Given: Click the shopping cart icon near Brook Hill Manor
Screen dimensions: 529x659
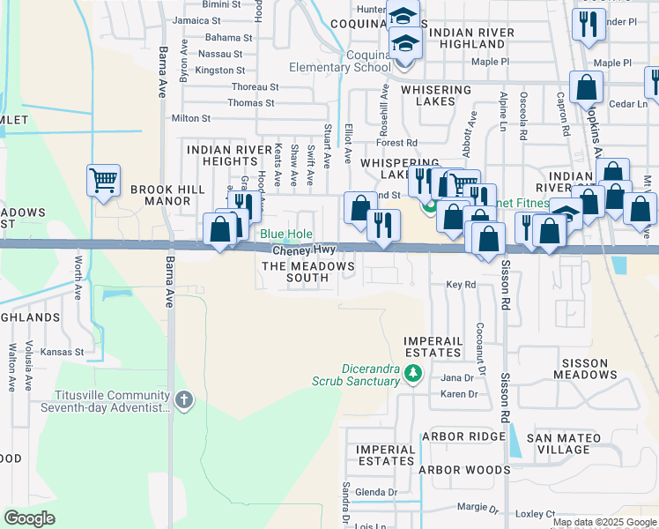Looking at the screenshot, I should (x=103, y=181).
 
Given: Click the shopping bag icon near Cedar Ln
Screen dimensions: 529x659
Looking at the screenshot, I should (x=586, y=87).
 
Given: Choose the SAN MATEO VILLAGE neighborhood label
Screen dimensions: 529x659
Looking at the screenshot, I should (x=564, y=443).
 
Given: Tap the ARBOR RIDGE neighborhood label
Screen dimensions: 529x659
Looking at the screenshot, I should (x=463, y=437).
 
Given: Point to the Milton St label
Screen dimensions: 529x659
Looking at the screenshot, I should (x=191, y=117).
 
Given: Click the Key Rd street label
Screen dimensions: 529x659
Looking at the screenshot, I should (x=461, y=285).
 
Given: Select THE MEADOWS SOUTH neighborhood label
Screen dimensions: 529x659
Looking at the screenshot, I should (x=308, y=272).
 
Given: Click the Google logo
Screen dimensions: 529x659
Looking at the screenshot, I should (x=29, y=518).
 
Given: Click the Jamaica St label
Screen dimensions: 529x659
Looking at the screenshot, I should (x=196, y=20).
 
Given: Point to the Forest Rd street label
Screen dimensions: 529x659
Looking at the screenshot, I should (x=396, y=143).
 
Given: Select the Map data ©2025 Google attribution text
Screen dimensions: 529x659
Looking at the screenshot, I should (x=603, y=522).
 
